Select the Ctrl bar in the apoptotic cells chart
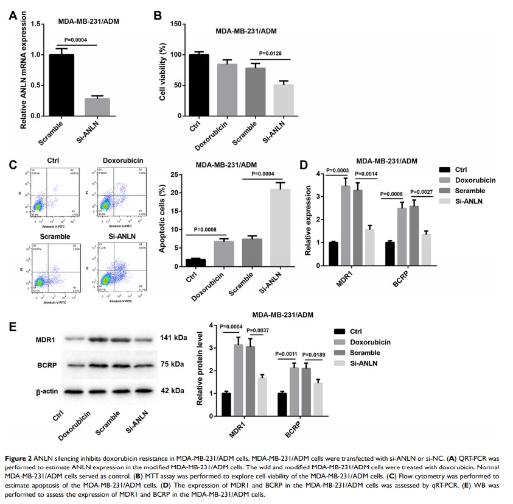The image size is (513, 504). (x=195, y=263)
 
